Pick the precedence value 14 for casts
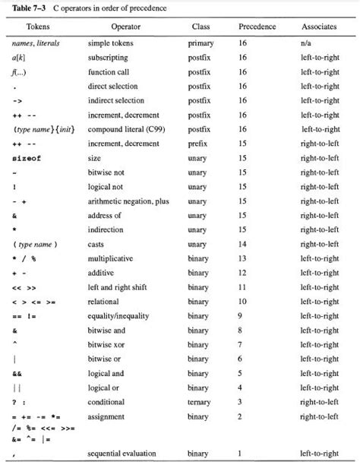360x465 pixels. pyautogui.click(x=243, y=244)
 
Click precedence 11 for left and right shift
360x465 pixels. pyautogui.click(x=243, y=287)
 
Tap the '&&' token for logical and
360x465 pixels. pyautogui.click(x=17, y=373)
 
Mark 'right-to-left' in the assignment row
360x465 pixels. pyautogui.click(x=319, y=416)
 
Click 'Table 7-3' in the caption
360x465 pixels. pyautogui.click(x=29, y=8)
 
